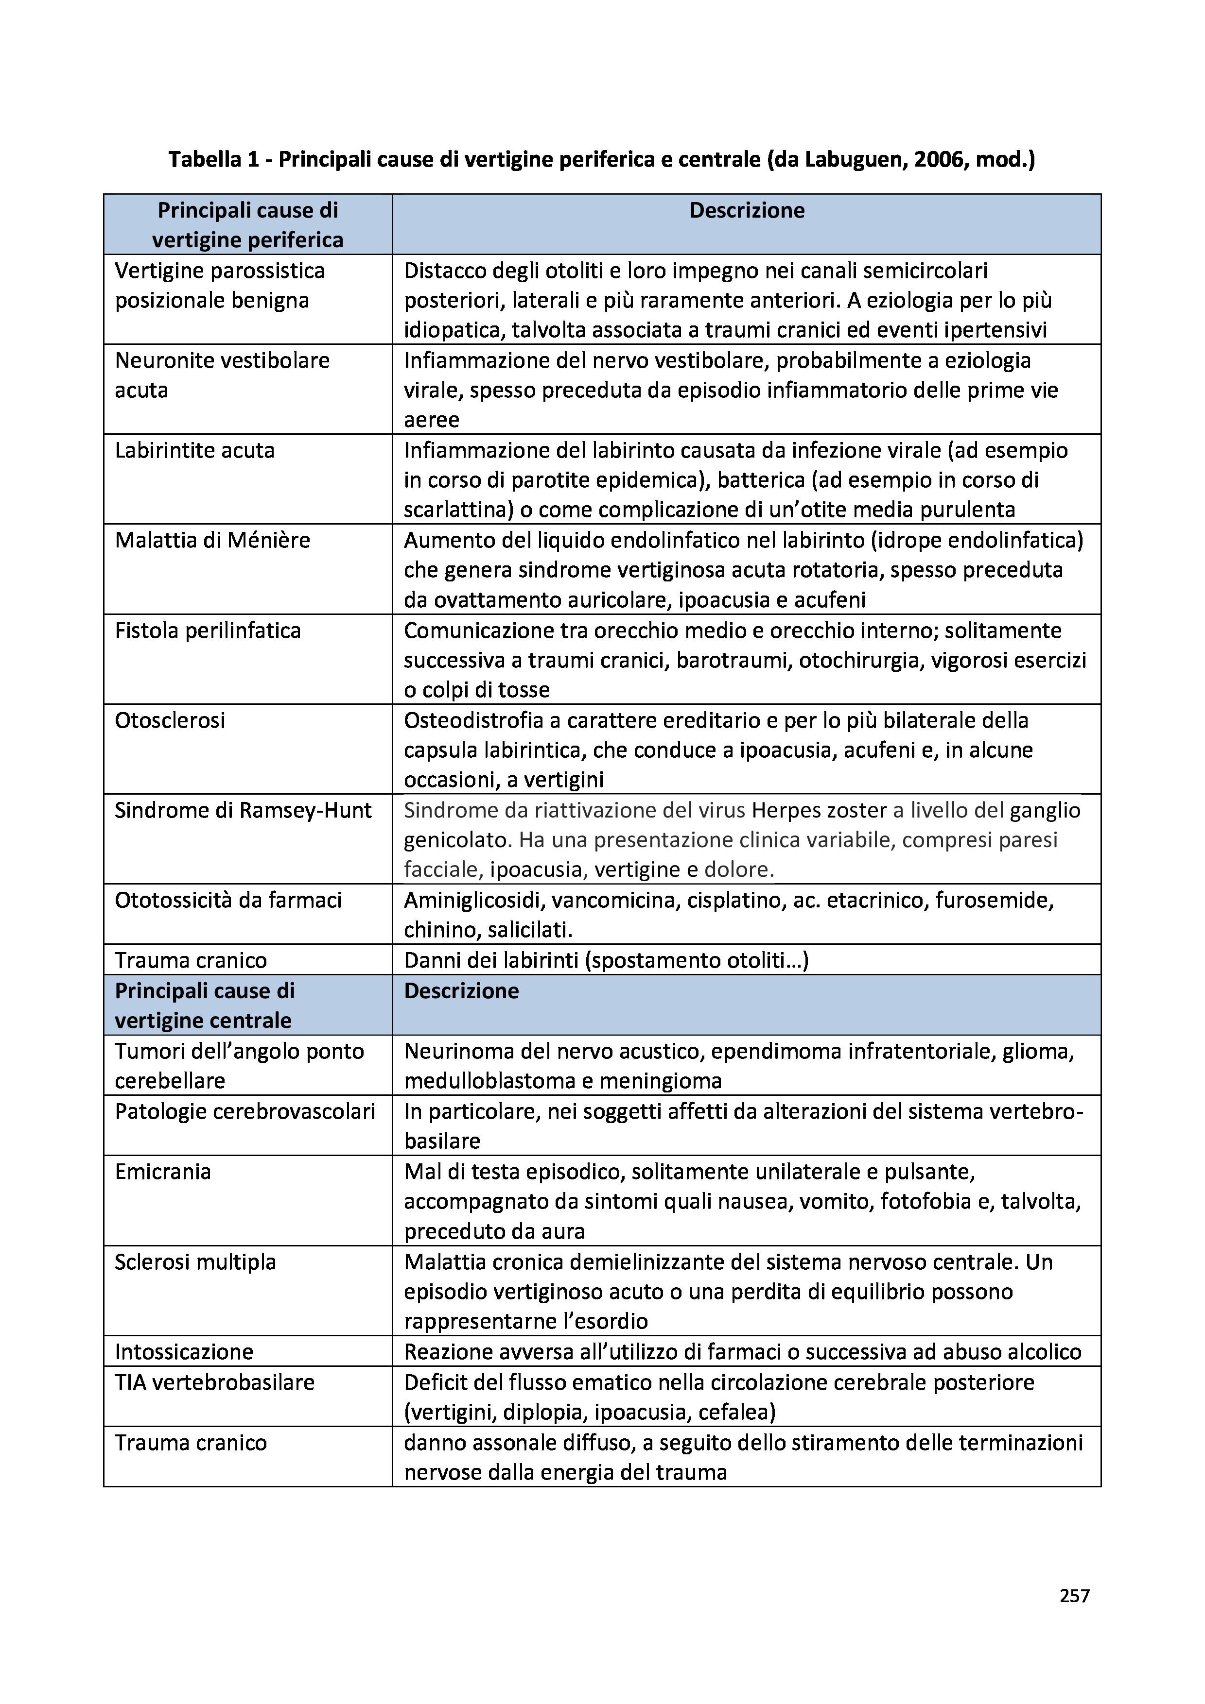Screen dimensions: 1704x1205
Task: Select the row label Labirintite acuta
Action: [x=194, y=450]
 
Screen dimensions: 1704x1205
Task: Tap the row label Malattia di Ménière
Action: [x=212, y=540]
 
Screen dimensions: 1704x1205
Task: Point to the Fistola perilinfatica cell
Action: [x=208, y=631]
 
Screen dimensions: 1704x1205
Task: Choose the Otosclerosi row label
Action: [x=170, y=721]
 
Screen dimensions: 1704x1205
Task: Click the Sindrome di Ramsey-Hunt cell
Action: [x=243, y=810]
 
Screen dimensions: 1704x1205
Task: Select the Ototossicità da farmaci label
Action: [x=228, y=900]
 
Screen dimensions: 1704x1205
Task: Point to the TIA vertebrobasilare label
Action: [x=214, y=1382]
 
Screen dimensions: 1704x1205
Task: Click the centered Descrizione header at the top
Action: [x=746, y=211]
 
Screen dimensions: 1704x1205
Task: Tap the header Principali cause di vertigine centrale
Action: [x=204, y=1005]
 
